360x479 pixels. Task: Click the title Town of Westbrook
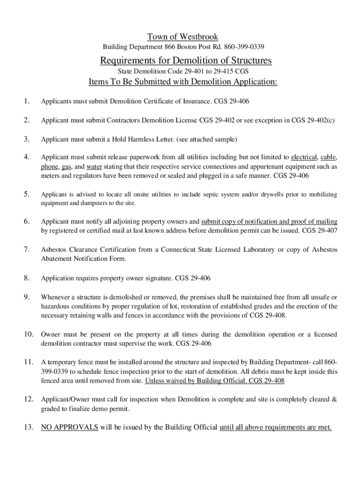pyautogui.click(x=183, y=36)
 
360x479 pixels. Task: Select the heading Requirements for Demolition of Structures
pyautogui.click(x=186, y=61)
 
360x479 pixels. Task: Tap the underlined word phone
pyautogui.click(x=50, y=167)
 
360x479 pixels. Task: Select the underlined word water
pyautogui.click(x=94, y=167)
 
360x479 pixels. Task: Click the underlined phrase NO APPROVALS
pyautogui.click(x=70, y=427)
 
